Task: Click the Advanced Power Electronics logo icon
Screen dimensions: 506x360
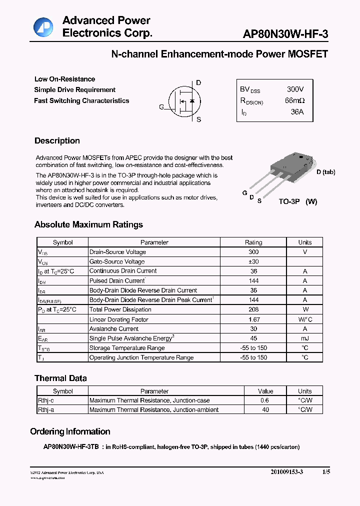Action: [x=43, y=27]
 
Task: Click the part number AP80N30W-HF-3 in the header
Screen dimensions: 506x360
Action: [x=285, y=34]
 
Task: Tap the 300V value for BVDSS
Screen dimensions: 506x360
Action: [x=295, y=89]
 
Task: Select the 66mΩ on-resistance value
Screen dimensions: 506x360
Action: [x=294, y=101]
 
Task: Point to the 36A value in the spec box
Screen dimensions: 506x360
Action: [x=297, y=112]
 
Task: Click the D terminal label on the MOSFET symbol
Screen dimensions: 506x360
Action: [x=198, y=83]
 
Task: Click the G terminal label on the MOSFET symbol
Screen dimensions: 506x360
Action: [x=161, y=107]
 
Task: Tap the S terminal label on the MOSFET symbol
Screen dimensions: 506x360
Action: [x=198, y=119]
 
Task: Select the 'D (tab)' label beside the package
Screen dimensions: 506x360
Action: [x=325, y=172]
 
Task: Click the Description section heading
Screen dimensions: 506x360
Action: [x=57, y=141]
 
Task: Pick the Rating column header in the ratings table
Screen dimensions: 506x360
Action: [x=253, y=242]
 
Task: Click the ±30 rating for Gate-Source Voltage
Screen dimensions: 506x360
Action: [x=253, y=261]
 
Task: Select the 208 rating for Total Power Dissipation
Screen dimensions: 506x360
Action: [x=253, y=309]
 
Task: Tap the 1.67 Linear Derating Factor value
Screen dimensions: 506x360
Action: [x=253, y=319]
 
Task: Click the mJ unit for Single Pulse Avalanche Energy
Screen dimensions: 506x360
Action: [x=304, y=338]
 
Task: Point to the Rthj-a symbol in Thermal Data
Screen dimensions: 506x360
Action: [x=47, y=409]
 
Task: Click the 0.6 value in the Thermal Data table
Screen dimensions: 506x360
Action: [x=265, y=400]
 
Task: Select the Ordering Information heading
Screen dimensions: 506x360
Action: [x=70, y=431]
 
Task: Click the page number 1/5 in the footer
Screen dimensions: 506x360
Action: [x=326, y=472]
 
